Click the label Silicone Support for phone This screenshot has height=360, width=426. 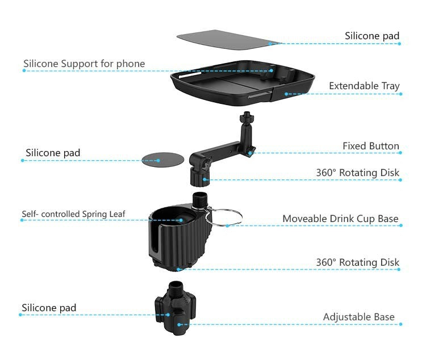coord(84,64)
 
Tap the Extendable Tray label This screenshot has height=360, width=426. coord(364,86)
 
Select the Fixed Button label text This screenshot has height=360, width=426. coord(370,146)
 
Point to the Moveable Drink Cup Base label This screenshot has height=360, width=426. coord(340,219)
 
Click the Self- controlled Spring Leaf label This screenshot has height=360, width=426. coord(74,214)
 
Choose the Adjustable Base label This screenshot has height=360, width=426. coord(358,317)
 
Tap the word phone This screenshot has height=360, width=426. coord(131,64)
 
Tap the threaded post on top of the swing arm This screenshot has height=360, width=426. coord(246,120)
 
